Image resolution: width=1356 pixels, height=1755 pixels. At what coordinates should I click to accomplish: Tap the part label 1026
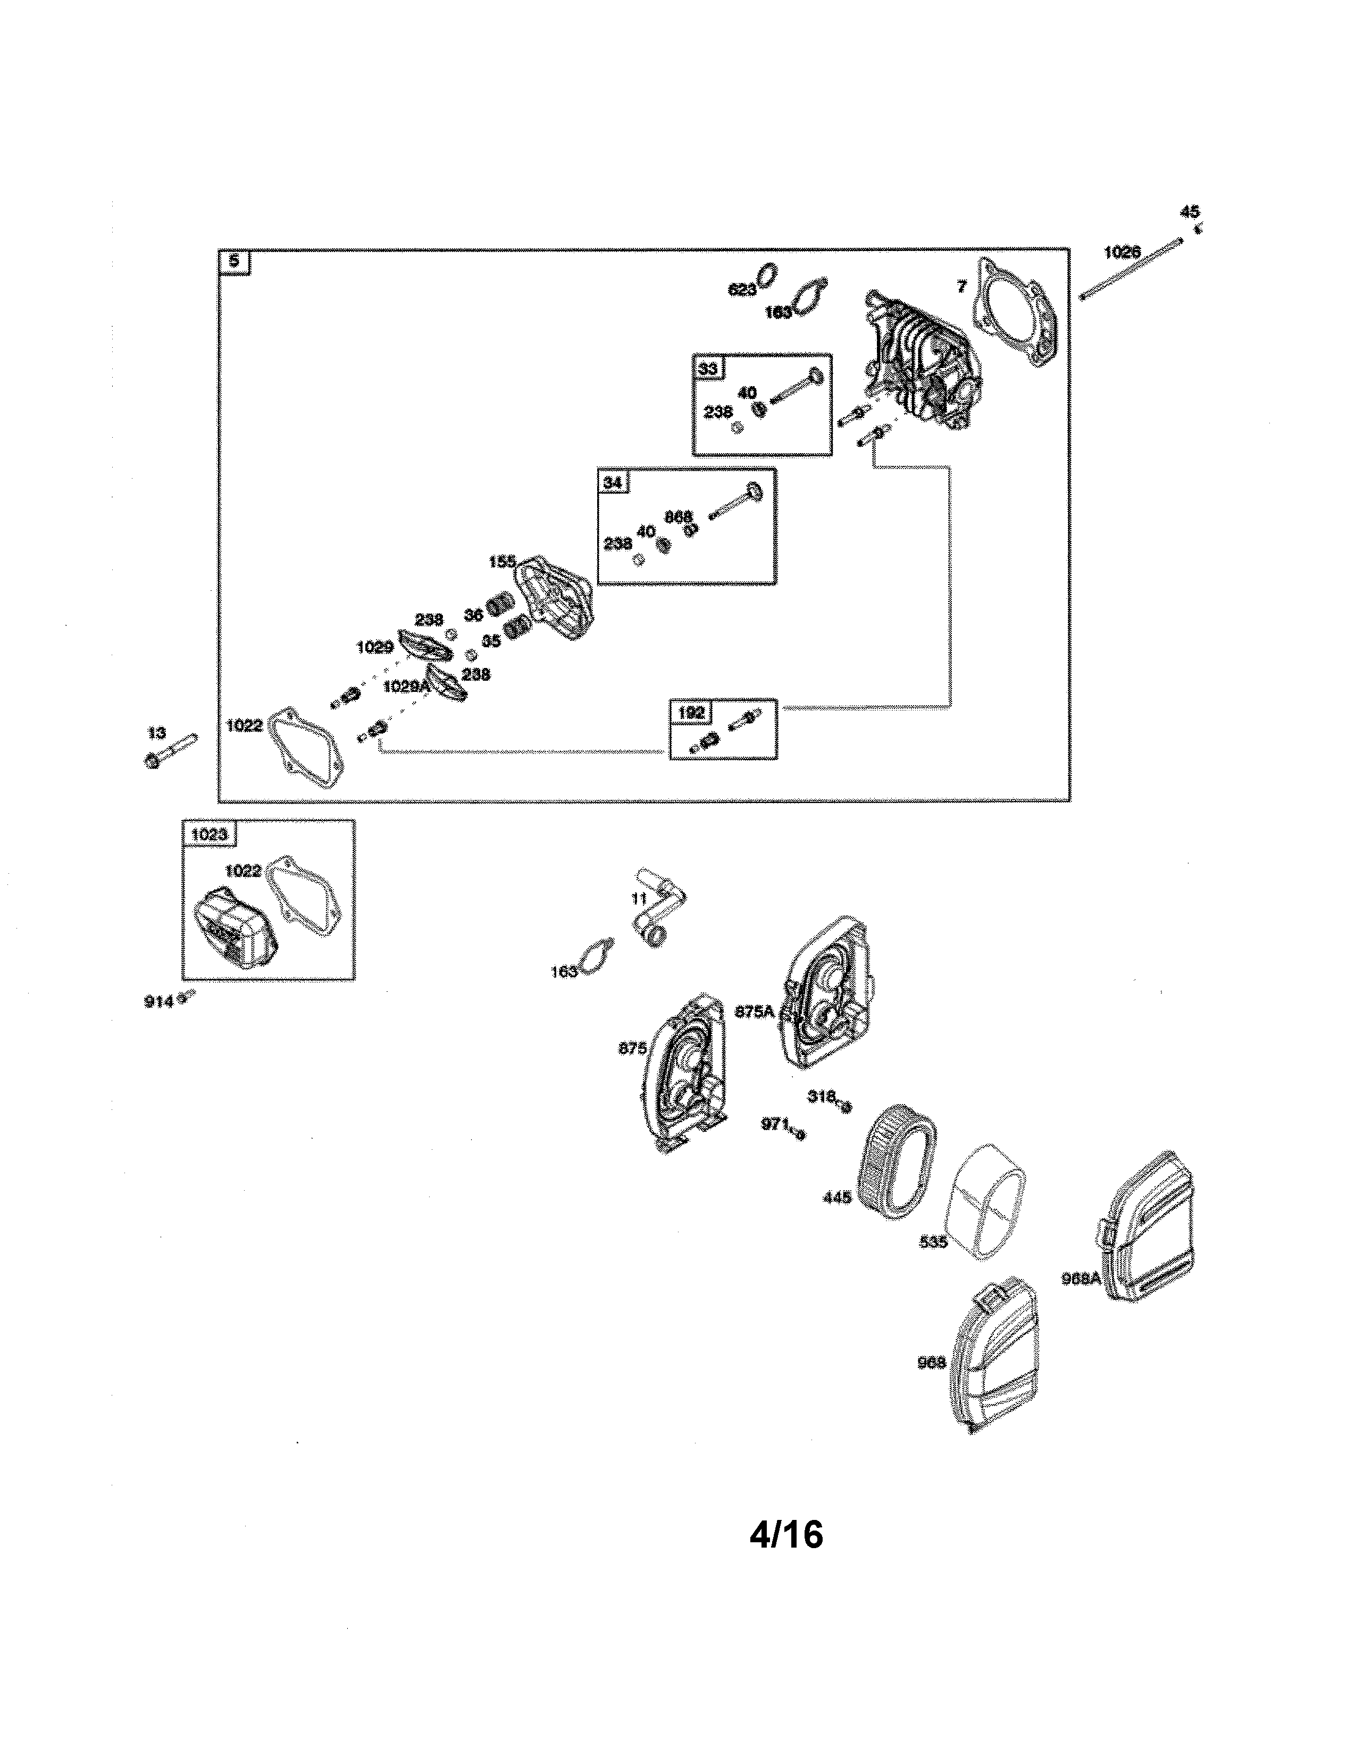(1122, 252)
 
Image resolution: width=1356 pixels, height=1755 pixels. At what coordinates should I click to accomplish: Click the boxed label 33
(708, 368)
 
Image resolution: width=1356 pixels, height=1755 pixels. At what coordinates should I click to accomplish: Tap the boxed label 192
(691, 712)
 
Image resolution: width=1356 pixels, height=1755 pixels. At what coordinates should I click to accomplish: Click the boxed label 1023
(209, 834)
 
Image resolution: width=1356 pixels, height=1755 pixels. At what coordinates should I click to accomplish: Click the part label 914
(158, 1002)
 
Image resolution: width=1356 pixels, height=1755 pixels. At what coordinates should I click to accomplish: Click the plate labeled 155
(557, 599)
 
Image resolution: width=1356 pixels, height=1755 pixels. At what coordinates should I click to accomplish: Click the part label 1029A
(406, 686)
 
